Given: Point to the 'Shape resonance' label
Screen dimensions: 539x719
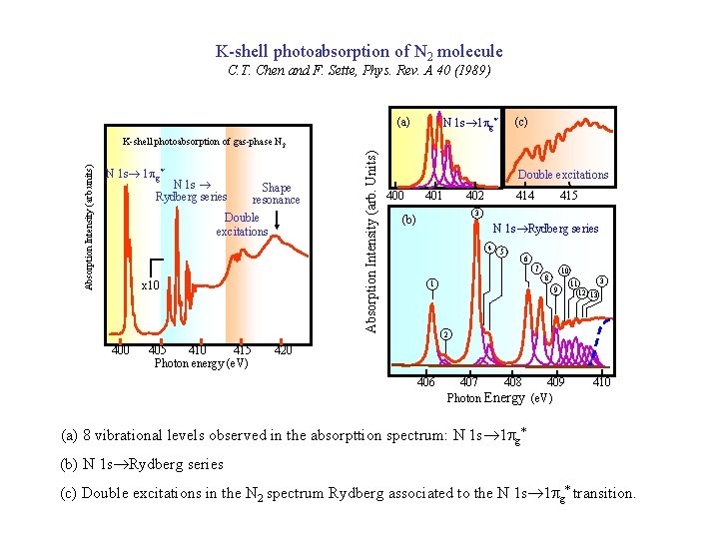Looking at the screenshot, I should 276,194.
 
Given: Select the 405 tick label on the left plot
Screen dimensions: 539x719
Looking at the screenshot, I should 157,350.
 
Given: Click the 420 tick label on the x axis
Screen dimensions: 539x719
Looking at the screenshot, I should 282,350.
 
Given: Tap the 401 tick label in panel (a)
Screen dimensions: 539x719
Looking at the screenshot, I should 434,197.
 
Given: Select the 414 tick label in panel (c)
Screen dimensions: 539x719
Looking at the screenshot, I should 524,197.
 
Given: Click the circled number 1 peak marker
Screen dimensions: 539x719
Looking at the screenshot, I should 430,283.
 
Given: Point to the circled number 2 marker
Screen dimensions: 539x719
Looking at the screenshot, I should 446,332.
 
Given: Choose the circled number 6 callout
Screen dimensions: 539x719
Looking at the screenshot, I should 525,259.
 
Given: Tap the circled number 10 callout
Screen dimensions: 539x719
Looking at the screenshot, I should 564,270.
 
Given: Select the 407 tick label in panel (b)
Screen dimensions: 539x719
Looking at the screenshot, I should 468,382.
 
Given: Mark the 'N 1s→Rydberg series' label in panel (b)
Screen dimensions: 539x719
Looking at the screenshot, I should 545,229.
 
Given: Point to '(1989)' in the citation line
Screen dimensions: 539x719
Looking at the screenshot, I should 469,70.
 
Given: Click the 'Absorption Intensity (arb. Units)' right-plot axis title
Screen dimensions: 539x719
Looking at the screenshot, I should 370,241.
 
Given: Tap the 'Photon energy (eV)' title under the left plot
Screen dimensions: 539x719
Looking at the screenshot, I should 201,363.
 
